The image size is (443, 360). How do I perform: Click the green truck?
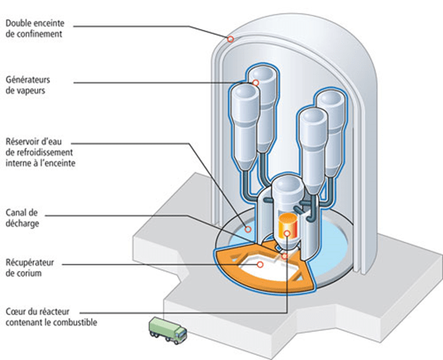click(x=168, y=331)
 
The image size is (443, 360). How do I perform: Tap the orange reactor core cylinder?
click(x=288, y=223)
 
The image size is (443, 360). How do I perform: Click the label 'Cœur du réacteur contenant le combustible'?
click(x=49, y=318)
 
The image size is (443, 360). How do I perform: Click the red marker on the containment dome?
click(x=230, y=40)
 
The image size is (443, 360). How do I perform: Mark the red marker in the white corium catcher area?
click(x=260, y=264)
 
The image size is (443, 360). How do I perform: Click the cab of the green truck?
click(x=178, y=333)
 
